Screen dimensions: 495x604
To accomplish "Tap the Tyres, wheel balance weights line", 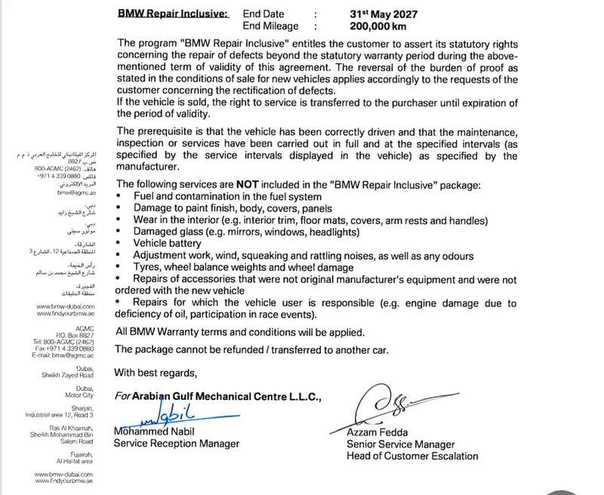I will coord(243,268).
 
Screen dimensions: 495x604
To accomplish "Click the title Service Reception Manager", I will coord(176,444).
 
